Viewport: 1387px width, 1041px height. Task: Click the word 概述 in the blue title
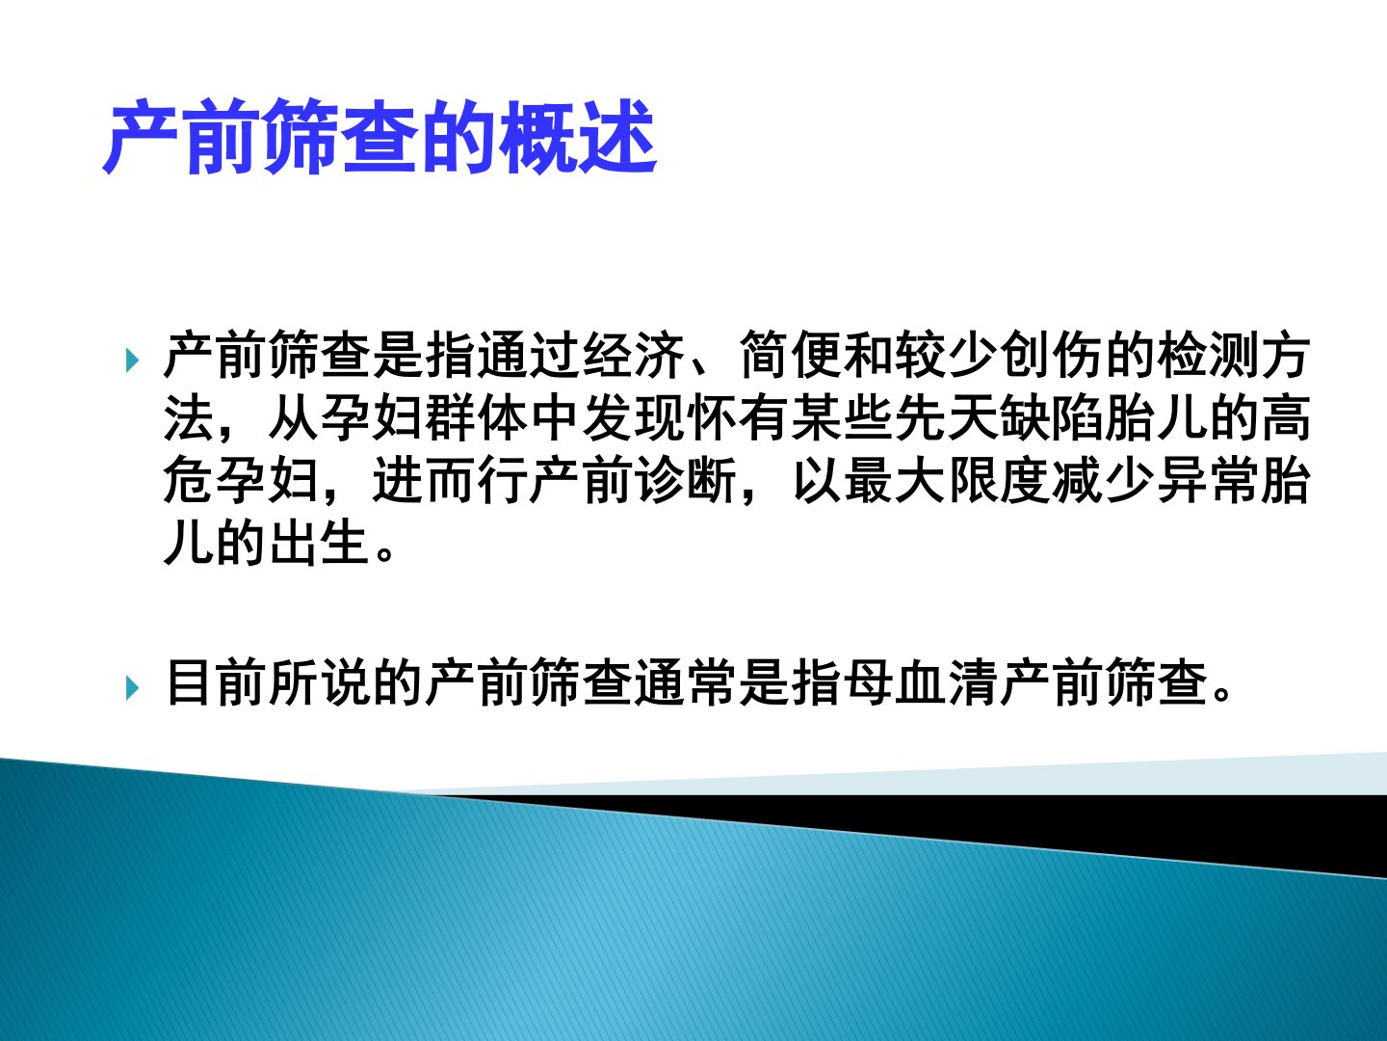(x=578, y=137)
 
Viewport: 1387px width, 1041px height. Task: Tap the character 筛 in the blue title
(x=302, y=137)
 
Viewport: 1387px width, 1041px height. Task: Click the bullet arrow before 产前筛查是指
(x=132, y=360)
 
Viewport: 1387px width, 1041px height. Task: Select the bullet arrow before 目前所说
(x=132, y=688)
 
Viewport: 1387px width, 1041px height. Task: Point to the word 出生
(x=321, y=543)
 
